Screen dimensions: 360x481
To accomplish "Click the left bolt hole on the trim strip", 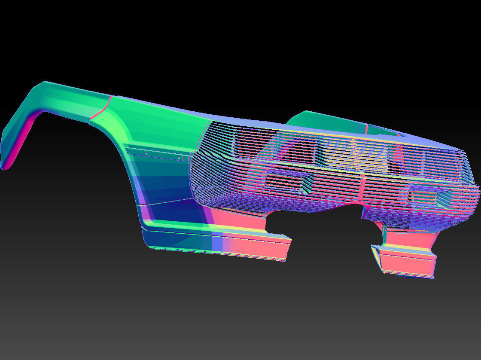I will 146,153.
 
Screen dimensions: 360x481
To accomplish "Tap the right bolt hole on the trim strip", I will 179,158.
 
